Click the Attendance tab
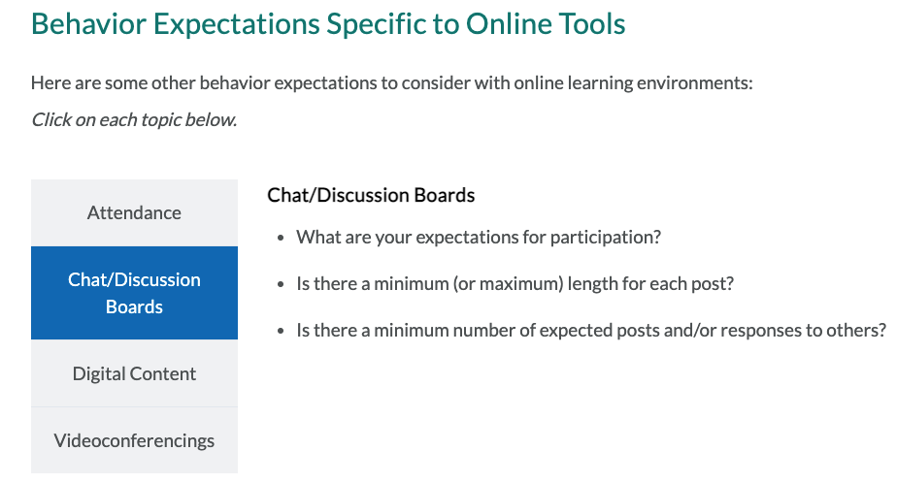coord(134,212)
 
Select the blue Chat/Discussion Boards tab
coord(134,293)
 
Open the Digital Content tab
coord(134,373)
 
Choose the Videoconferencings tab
coord(134,440)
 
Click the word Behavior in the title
coord(88,24)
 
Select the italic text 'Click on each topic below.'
coord(134,120)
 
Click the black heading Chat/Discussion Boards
coord(371,195)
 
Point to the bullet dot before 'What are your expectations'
coord(281,238)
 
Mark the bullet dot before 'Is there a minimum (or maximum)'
coord(281,284)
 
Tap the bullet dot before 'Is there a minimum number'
coord(281,331)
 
